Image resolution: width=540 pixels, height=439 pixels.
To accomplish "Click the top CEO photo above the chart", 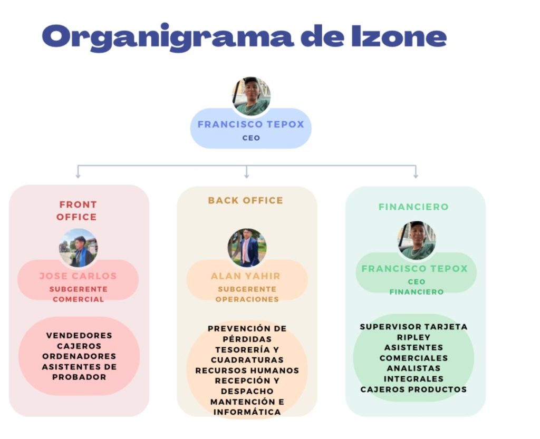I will [251, 96].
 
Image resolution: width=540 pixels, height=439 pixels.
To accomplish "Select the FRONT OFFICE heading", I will [78, 210].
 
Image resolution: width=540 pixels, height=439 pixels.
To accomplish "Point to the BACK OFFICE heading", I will [245, 200].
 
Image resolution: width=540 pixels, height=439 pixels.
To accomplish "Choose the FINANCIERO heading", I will [413, 207].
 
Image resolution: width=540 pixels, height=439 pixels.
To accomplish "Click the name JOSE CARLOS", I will [78, 276].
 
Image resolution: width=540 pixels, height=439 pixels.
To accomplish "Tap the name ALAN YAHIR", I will [246, 276].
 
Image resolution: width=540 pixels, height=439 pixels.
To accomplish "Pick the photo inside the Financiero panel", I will [417, 240].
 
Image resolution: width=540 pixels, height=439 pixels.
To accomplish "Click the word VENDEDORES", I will [79, 335].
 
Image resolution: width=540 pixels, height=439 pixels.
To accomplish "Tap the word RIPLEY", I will [413, 337].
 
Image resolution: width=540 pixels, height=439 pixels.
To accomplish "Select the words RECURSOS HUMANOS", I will [247, 370].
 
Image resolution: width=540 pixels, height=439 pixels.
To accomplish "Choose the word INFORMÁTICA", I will [247, 412].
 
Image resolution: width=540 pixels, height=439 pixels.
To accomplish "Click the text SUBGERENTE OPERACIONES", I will [247, 294].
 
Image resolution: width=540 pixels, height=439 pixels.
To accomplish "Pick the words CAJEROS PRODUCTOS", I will [413, 389].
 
